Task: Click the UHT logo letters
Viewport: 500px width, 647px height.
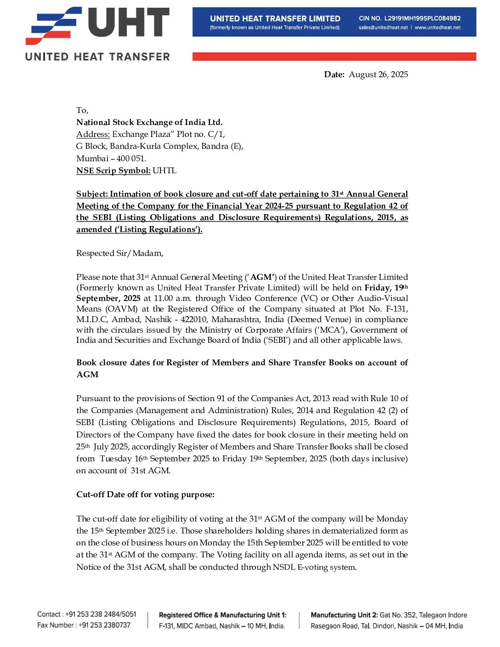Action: (129, 23)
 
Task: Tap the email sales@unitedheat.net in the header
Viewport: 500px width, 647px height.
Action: (383, 28)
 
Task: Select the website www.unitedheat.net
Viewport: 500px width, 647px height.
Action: (437, 28)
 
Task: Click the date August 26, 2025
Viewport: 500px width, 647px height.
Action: (378, 74)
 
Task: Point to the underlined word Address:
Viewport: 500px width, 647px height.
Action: (93, 134)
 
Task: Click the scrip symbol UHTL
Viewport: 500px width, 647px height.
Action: (165, 170)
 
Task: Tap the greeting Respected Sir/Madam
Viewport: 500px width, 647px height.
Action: (119, 253)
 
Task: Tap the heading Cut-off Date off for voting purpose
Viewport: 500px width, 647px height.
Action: (145, 494)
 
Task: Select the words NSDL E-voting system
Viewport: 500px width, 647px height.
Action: (314, 567)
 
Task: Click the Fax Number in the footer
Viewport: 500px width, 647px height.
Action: (84, 625)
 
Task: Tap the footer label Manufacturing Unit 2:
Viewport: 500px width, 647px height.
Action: (344, 615)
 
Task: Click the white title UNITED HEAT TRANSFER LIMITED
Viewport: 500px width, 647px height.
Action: (275, 18)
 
